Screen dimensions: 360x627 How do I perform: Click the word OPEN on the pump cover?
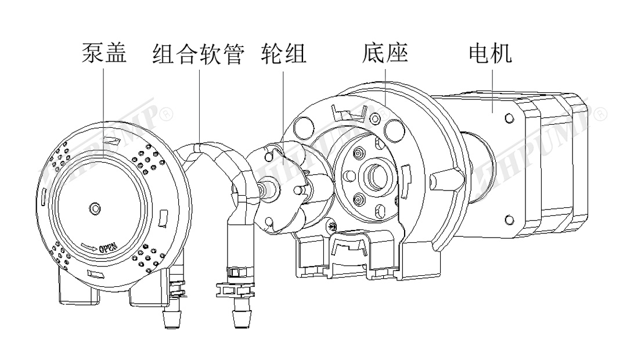(x=110, y=248)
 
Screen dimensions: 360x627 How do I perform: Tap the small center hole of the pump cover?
(x=95, y=207)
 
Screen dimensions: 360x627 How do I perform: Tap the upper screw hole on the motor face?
(x=509, y=119)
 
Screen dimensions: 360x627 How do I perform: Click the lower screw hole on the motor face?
(x=509, y=219)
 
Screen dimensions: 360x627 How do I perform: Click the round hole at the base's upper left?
(x=302, y=124)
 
